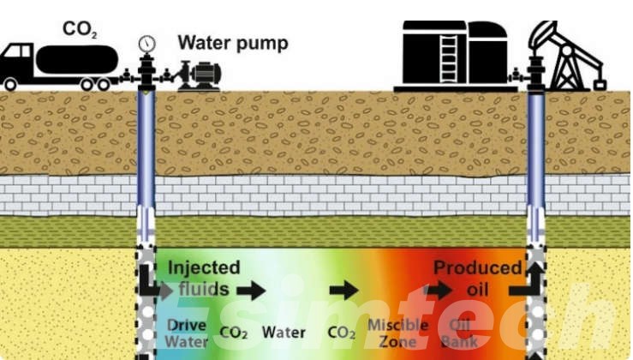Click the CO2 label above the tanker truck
point(78,29)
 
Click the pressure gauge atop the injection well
point(147,42)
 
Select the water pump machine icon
point(199,75)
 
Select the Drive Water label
point(185,332)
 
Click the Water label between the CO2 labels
point(284,332)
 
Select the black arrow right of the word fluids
point(250,291)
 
